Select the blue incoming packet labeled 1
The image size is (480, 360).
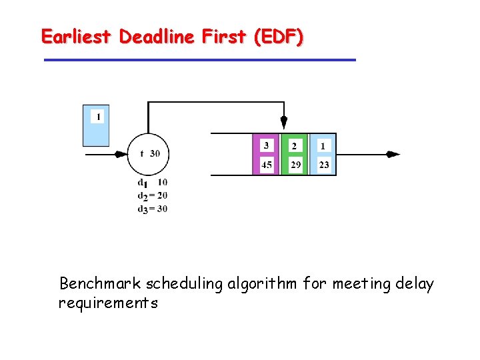(x=96, y=125)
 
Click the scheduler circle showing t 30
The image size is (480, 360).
(x=148, y=154)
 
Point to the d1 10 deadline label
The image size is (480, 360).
(x=152, y=182)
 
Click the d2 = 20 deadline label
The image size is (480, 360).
(x=153, y=195)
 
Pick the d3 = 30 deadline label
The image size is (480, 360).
(x=153, y=209)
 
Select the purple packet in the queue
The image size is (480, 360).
(x=266, y=155)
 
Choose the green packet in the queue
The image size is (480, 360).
(x=295, y=155)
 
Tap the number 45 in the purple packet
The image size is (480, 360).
(x=267, y=164)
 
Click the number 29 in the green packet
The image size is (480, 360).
(x=295, y=164)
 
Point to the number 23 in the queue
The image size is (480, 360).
(x=324, y=164)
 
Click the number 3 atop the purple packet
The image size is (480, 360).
(x=267, y=145)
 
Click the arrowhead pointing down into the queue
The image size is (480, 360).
(x=284, y=123)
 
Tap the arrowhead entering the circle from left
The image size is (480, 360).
(x=121, y=154)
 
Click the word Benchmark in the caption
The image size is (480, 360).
(x=100, y=284)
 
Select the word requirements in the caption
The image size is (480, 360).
(x=108, y=303)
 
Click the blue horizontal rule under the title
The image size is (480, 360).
(x=199, y=60)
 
